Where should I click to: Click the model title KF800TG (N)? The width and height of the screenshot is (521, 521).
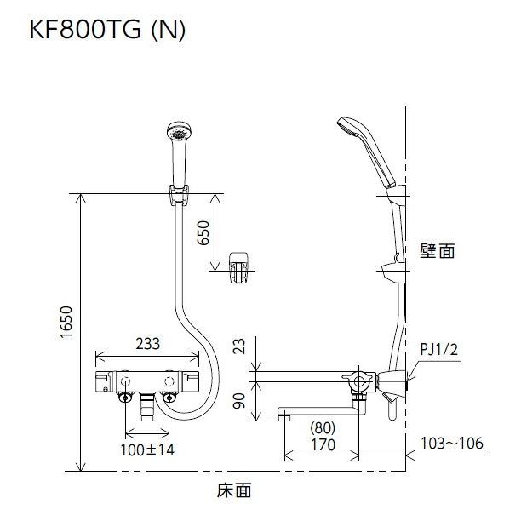tap(107, 31)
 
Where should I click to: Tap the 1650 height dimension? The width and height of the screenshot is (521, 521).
tap(66, 323)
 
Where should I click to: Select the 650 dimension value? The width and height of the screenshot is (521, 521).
tap(203, 233)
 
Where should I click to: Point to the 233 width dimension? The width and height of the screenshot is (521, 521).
tap(148, 344)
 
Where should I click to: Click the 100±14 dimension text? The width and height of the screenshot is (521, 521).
tap(147, 449)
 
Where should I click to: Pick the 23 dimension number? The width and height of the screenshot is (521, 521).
tap(239, 346)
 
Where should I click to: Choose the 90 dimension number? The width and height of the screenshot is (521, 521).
tap(239, 401)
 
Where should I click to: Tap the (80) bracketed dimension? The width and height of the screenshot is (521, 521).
tap(323, 428)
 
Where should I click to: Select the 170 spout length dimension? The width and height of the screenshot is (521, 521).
tap(323, 444)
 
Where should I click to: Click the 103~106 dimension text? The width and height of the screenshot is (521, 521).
tap(452, 443)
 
